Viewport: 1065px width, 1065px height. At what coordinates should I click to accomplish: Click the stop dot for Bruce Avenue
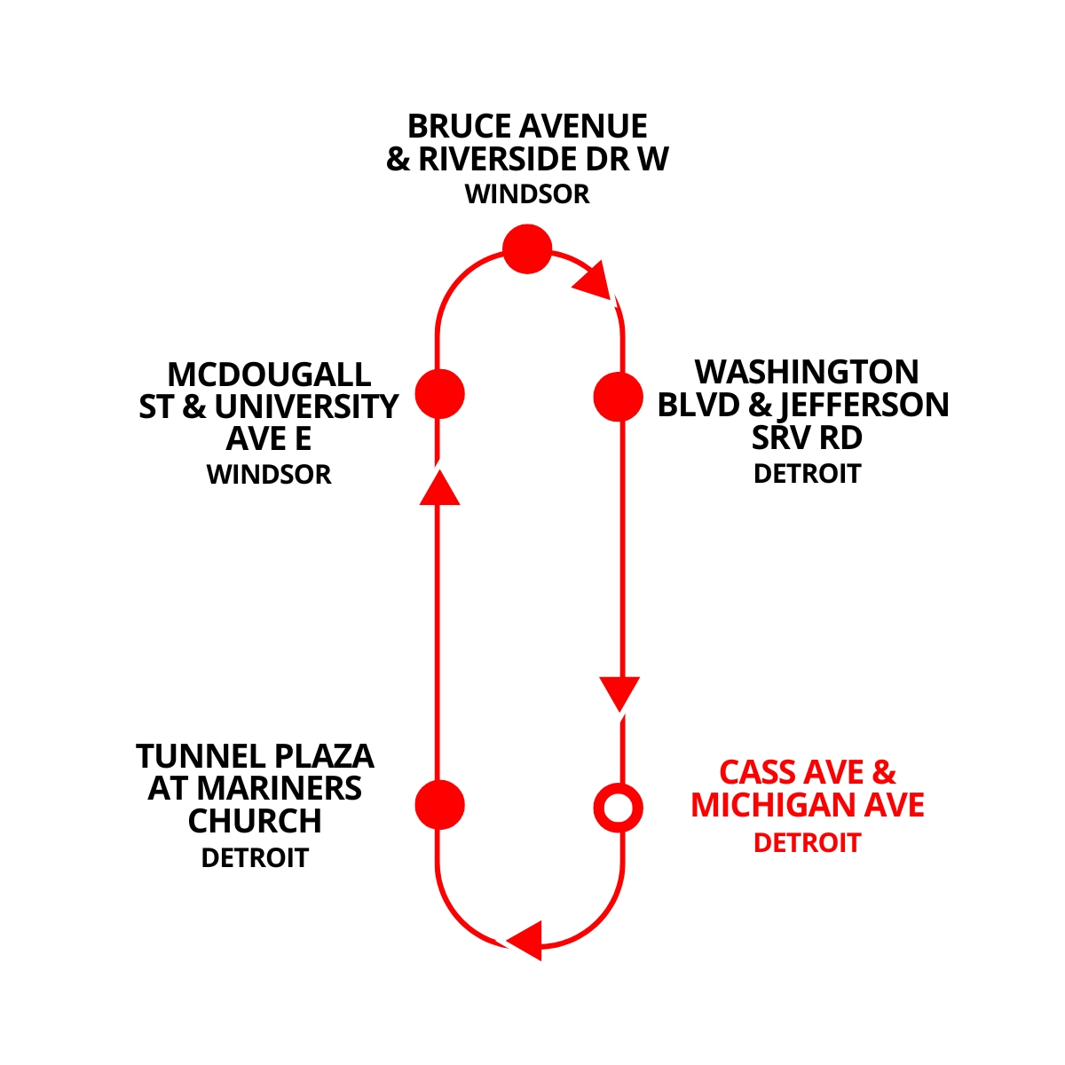pos(527,248)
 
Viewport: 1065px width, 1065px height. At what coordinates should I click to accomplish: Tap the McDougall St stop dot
pos(440,394)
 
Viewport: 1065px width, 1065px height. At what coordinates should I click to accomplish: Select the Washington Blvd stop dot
pos(618,396)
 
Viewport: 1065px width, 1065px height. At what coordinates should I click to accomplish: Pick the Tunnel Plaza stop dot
pos(440,805)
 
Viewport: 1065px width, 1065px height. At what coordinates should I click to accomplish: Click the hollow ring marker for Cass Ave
pos(618,808)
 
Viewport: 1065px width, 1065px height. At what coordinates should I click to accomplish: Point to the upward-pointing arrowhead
pos(439,487)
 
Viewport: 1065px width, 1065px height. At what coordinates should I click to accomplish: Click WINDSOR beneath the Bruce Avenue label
pos(527,194)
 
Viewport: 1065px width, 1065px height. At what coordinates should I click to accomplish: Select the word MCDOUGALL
pos(269,374)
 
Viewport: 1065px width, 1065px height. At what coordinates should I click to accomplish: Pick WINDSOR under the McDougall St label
pos(269,475)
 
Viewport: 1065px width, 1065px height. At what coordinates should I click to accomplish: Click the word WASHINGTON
pos(806,372)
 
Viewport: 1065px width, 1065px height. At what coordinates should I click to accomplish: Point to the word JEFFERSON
pos(864,406)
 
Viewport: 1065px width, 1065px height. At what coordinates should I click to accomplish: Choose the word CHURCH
pos(255,822)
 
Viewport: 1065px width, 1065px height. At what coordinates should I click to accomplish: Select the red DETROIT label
pos(807,842)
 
